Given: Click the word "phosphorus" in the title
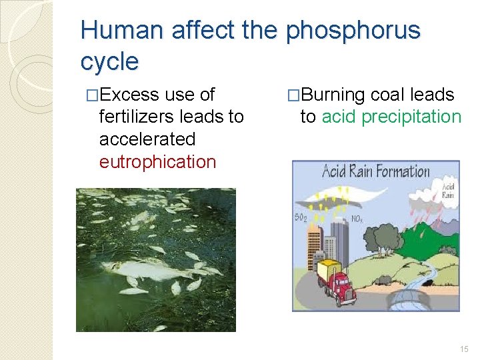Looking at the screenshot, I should [x=353, y=31].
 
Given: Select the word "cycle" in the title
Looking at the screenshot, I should [x=109, y=62].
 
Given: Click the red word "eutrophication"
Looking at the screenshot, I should [x=158, y=162].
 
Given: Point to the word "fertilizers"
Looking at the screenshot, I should [x=137, y=117].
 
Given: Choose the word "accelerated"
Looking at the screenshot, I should [x=147, y=139].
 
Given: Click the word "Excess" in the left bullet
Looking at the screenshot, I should [x=130, y=95].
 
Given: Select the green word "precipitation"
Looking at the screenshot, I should [x=409, y=117].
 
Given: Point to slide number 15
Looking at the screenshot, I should [x=464, y=349].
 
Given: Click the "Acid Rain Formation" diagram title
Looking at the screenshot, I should [x=376, y=172].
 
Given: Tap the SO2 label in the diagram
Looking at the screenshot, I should [x=301, y=217].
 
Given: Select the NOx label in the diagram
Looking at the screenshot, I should [x=358, y=218].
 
